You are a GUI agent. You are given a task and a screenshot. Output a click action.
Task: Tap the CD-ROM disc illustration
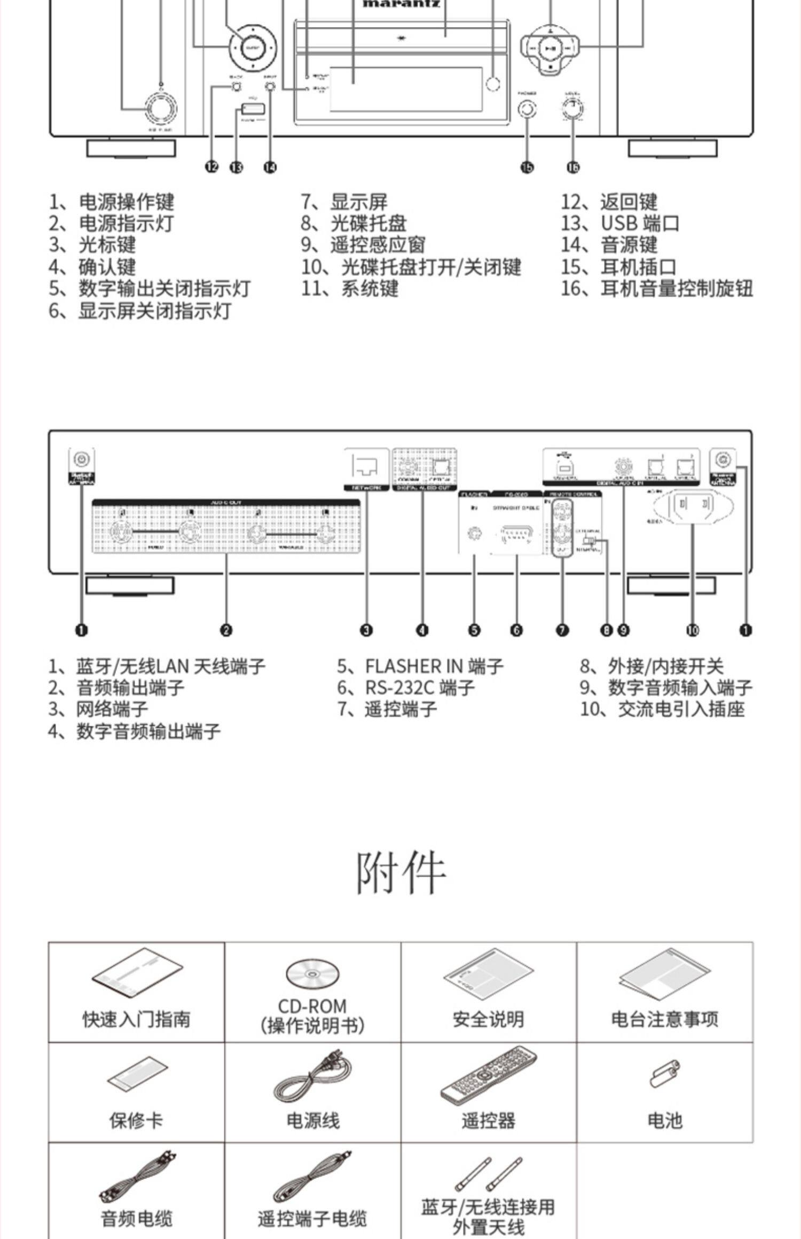[312, 973]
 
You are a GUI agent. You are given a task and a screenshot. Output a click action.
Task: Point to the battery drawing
[665, 1073]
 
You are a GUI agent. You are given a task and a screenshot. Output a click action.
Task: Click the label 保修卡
[136, 1121]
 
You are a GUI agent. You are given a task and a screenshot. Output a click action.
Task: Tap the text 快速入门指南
[136, 1019]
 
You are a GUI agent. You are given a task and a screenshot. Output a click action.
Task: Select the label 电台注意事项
[665, 1019]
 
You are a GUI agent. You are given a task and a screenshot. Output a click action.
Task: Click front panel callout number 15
[527, 167]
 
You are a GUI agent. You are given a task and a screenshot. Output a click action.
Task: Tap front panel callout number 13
[236, 167]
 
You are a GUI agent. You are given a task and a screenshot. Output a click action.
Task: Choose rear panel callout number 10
[692, 630]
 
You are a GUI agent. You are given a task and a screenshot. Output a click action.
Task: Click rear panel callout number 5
[474, 630]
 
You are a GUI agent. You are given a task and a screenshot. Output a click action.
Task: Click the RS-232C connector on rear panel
[516, 534]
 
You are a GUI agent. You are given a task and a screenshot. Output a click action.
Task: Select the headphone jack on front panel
[528, 109]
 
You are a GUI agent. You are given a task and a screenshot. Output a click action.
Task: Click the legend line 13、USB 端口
[619, 223]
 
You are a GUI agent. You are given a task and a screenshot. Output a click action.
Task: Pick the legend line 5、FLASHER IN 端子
[420, 666]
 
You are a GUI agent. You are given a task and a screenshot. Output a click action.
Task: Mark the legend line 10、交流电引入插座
[662, 709]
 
